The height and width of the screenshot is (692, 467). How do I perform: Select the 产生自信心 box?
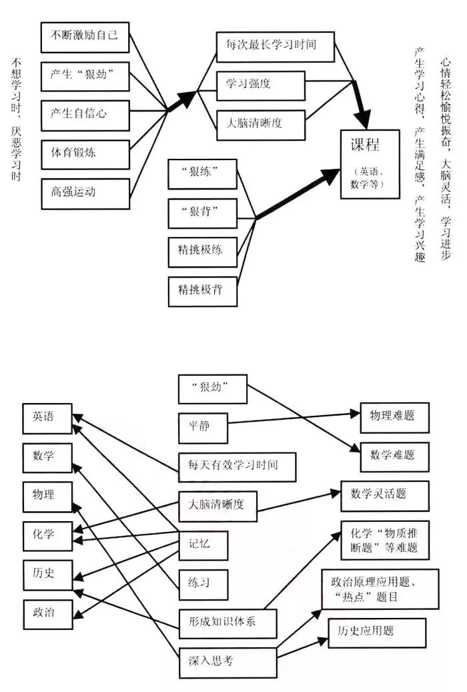pyautogui.click(x=84, y=114)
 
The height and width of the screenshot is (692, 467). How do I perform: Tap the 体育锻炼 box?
pyautogui.click(x=84, y=153)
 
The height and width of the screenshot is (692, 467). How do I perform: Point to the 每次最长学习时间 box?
pyautogui.click(x=266, y=46)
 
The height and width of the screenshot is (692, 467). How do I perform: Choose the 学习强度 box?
pyautogui.click(x=260, y=84)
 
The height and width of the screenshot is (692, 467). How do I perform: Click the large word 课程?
pyautogui.click(x=369, y=145)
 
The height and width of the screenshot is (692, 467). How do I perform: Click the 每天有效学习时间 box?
pyautogui.click(x=237, y=465)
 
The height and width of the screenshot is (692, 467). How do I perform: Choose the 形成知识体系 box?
pyautogui.click(x=227, y=622)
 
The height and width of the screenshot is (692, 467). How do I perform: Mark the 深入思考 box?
pyautogui.click(x=227, y=660)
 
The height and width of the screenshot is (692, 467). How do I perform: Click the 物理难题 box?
pyautogui.click(x=394, y=416)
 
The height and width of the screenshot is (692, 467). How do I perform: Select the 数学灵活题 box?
pyautogui.click(x=385, y=494)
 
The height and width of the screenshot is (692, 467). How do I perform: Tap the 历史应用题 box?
pyautogui.click(x=377, y=631)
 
